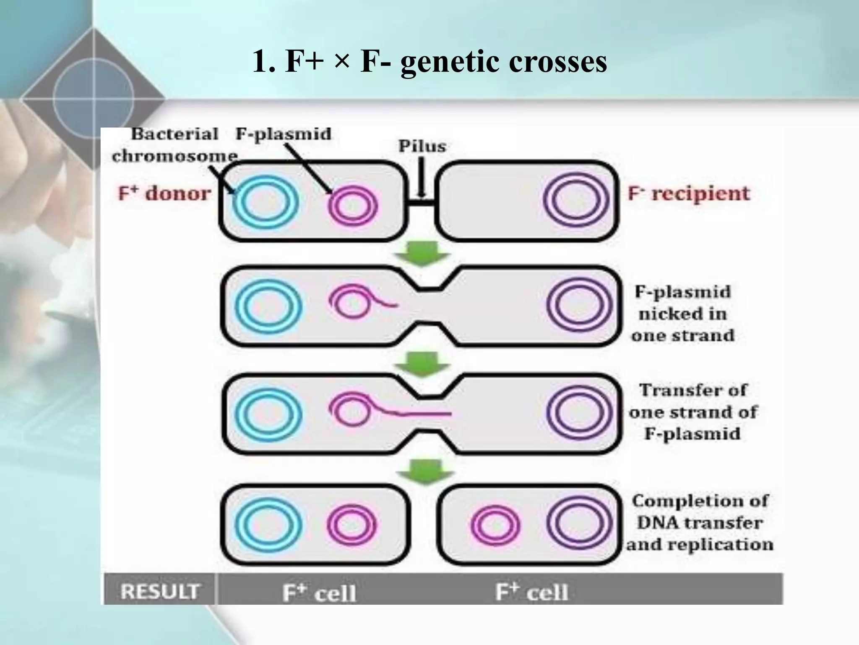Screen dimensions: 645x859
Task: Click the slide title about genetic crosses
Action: [x=429, y=62]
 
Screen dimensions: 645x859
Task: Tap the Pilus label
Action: [x=422, y=147]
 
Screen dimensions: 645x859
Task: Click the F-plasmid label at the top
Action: [x=283, y=134]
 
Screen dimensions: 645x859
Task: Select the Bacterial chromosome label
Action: [x=174, y=145]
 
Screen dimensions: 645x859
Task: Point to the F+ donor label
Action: [x=164, y=194]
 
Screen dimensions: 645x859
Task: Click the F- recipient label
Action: [x=688, y=194]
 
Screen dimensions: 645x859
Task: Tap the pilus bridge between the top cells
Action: [x=421, y=203]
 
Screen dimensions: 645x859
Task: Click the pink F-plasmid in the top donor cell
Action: [x=353, y=205]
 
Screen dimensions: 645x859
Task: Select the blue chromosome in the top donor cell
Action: [x=266, y=202]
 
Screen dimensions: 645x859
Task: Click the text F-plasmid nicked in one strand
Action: [x=682, y=314]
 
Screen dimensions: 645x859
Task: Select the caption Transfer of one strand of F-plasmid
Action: [x=692, y=412]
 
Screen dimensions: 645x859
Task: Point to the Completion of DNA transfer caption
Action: [x=700, y=523]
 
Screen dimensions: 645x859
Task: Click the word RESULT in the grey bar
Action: [x=159, y=592]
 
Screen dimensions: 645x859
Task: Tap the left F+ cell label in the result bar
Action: [x=319, y=593]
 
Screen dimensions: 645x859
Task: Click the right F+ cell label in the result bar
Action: [x=531, y=592]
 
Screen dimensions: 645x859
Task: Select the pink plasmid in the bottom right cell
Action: [x=495, y=526]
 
